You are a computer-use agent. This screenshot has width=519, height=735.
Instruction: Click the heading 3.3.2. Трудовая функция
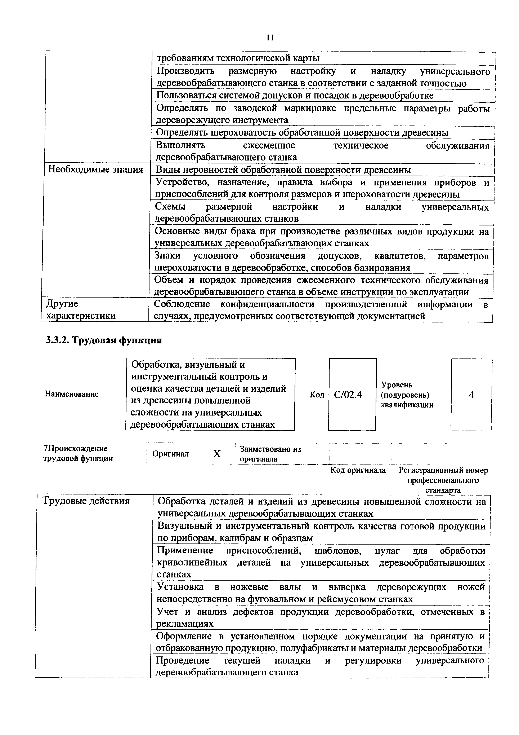pos(104,340)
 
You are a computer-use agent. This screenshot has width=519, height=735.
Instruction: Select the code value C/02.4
pos(348,395)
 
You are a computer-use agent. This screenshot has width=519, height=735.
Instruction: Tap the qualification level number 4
pos(471,395)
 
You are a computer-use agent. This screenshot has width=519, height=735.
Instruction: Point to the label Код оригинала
pos(358,470)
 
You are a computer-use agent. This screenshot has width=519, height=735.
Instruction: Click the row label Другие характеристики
pos(81,309)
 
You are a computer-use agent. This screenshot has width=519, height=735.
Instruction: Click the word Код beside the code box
pos(317,395)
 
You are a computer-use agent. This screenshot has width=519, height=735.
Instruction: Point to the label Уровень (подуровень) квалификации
pos(407,395)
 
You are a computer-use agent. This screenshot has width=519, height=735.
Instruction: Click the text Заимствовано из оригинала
pos(270,454)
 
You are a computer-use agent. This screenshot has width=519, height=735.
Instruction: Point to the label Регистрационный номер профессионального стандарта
pos(443,480)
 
